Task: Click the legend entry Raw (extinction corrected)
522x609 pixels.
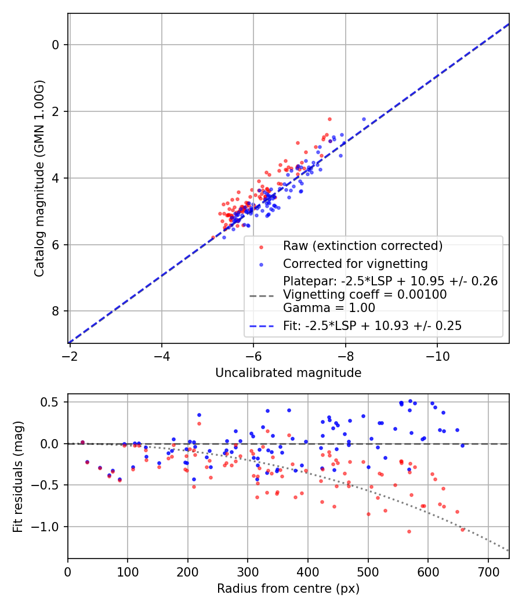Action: tap(362, 246)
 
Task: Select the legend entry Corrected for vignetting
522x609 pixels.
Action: tap(355, 264)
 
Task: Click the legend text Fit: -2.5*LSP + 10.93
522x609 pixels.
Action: tap(372, 326)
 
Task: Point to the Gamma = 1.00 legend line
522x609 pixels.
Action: tap(329, 308)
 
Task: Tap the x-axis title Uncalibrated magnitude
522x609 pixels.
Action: tap(288, 373)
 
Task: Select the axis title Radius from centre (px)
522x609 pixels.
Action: tap(288, 589)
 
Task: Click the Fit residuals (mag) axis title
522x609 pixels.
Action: tap(19, 476)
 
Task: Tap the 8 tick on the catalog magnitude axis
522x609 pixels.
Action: tap(56, 311)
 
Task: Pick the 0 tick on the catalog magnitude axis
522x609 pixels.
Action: tap(56, 45)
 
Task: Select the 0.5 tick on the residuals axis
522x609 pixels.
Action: tap(53, 402)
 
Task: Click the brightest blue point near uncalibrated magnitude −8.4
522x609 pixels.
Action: tap(364, 119)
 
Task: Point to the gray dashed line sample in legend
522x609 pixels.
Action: tap(261, 295)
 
